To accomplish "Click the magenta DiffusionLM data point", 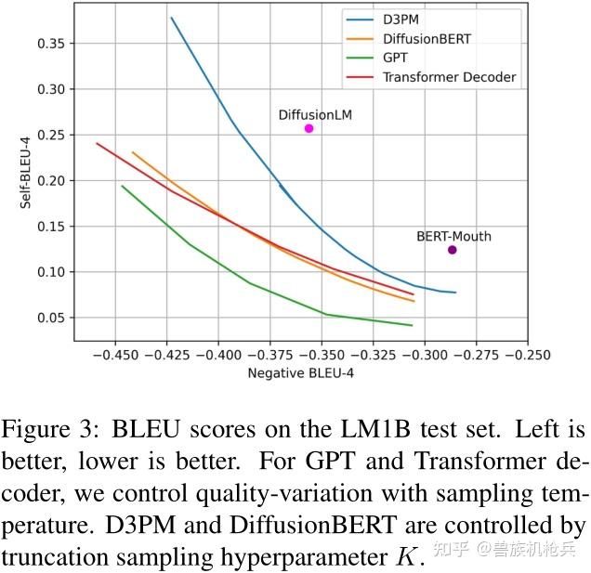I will pyautogui.click(x=309, y=128).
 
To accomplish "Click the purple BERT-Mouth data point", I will pyautogui.click(x=452, y=250).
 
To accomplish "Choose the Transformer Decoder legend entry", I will pyautogui.click(x=449, y=77).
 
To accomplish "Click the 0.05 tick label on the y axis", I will pyautogui.click(x=52, y=318).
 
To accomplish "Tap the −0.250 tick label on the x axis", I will pyautogui.click(x=528, y=354).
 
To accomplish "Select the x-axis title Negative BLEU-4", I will pyautogui.click(x=301, y=373).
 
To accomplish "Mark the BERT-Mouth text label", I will pyautogui.click(x=453, y=237).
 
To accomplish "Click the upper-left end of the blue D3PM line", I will pyautogui.click(x=171, y=18).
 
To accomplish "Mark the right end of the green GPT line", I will pyautogui.click(x=412, y=325).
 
